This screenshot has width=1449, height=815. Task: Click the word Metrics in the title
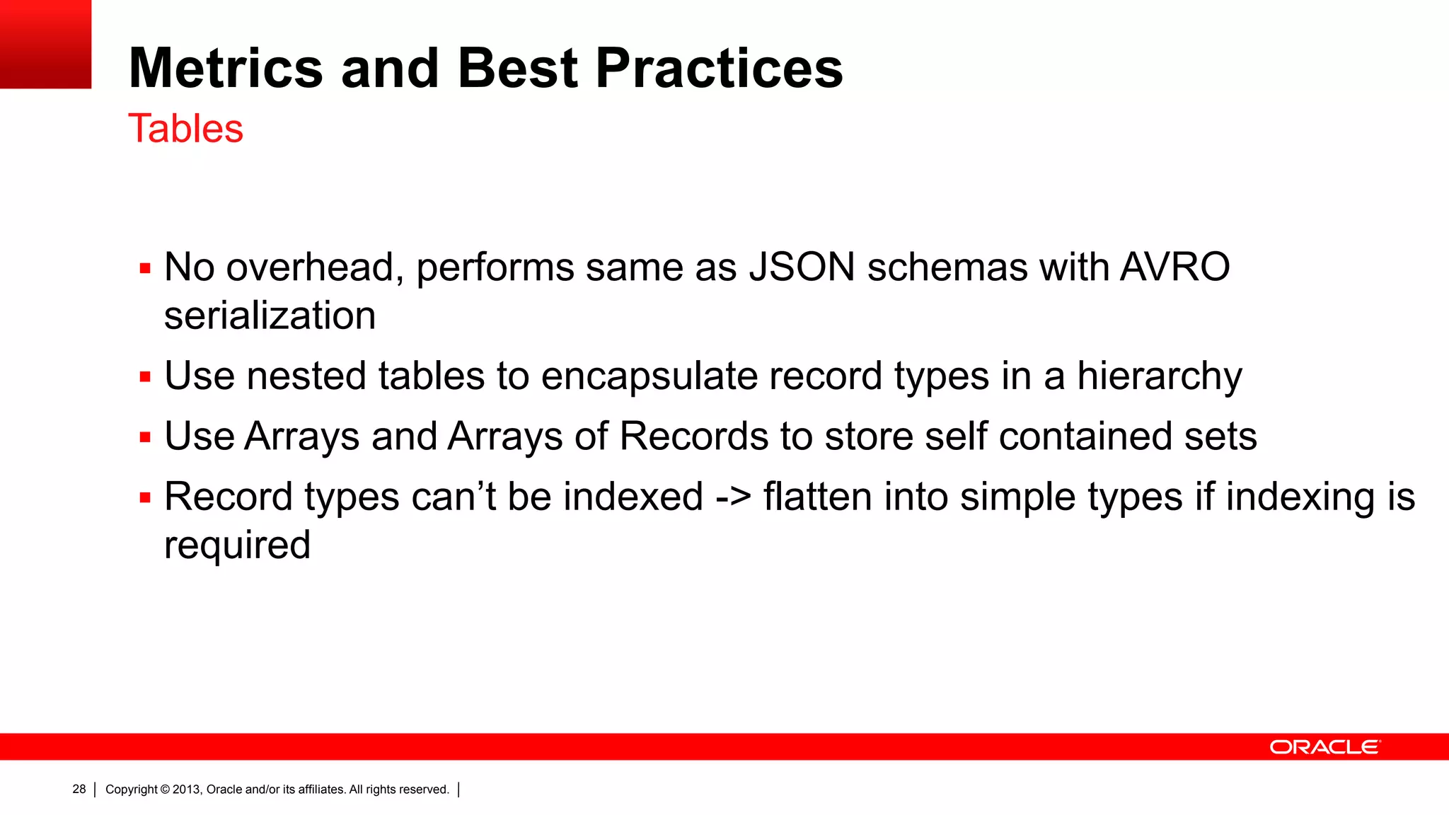click(x=225, y=68)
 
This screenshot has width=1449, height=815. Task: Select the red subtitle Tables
click(x=185, y=129)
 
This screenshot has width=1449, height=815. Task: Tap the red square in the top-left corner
click(x=45, y=44)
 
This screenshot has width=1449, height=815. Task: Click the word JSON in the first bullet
click(x=802, y=267)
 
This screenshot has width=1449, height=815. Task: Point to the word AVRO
click(x=1174, y=267)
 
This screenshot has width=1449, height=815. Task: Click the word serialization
click(x=270, y=316)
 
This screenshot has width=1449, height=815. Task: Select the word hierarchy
click(x=1159, y=376)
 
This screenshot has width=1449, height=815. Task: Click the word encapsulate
click(x=649, y=376)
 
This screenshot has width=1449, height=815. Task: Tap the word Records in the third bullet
click(x=693, y=436)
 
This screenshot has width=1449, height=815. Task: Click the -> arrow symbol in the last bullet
click(x=733, y=497)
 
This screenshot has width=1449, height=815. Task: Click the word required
click(x=237, y=545)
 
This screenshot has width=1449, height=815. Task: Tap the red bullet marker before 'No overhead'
click(x=145, y=269)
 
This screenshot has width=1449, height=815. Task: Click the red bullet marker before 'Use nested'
click(x=145, y=377)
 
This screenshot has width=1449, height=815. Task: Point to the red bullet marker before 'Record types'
click(x=145, y=498)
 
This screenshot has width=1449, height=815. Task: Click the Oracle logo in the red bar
click(x=1324, y=747)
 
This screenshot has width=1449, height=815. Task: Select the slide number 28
click(x=79, y=789)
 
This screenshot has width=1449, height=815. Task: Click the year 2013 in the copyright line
click(x=186, y=790)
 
